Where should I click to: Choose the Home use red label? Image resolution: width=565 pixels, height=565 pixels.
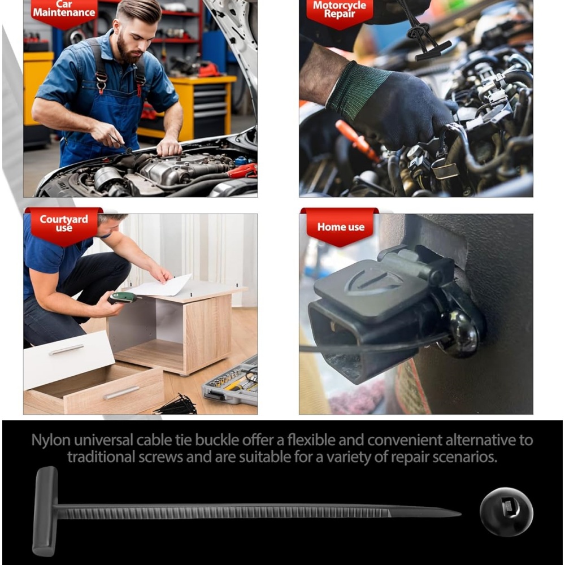point(341,227)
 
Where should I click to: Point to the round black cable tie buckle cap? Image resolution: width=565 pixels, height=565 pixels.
point(506,512)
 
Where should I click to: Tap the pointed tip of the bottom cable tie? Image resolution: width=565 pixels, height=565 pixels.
point(460,513)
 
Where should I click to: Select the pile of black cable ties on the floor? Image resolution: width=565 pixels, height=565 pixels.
point(176,405)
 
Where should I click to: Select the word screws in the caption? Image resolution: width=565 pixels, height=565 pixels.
point(161,457)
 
